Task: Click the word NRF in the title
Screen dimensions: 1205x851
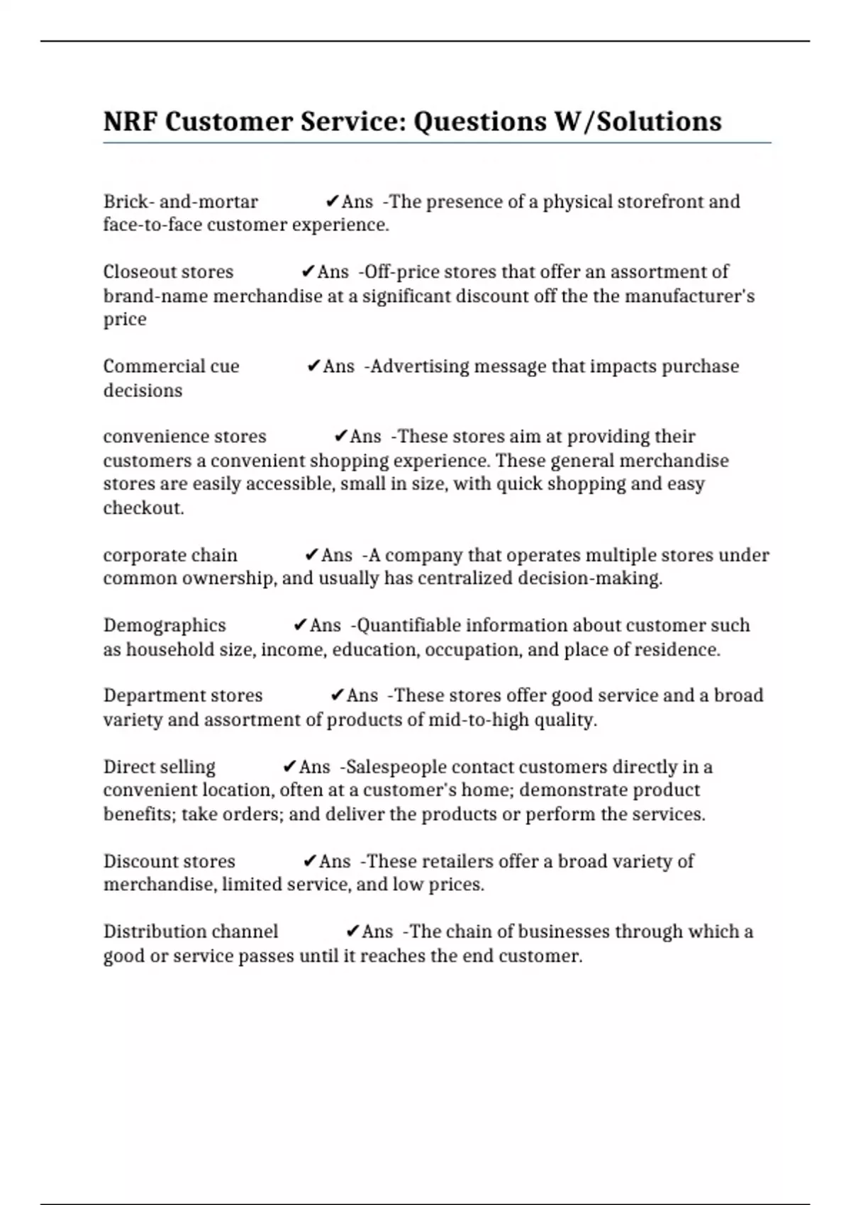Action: click(130, 122)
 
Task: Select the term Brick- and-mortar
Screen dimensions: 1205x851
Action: click(180, 202)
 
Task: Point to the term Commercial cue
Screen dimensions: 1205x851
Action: click(171, 366)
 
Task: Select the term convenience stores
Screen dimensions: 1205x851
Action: click(184, 437)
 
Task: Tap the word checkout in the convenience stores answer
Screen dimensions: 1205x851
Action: click(143, 508)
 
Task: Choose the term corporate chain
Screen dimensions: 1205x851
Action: click(170, 555)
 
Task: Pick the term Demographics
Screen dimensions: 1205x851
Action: click(165, 625)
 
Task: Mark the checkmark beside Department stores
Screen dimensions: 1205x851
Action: click(337, 696)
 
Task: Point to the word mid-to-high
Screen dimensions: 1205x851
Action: click(477, 720)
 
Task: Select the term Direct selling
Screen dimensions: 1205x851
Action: click(159, 767)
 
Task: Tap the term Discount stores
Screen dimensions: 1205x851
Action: click(169, 861)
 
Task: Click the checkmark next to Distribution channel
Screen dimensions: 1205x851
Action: click(352, 931)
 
